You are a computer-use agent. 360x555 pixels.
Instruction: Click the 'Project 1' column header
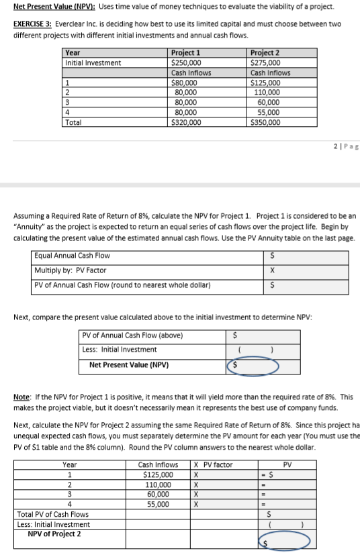[185, 52]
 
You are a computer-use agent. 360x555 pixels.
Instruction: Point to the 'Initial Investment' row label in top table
[93, 62]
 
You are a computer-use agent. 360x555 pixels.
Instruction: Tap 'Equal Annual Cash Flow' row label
[72, 256]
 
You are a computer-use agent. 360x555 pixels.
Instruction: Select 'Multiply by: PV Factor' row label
[71, 270]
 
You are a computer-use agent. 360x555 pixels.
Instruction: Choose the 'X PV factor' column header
[213, 464]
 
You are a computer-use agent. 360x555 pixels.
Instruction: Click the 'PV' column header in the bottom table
[287, 464]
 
